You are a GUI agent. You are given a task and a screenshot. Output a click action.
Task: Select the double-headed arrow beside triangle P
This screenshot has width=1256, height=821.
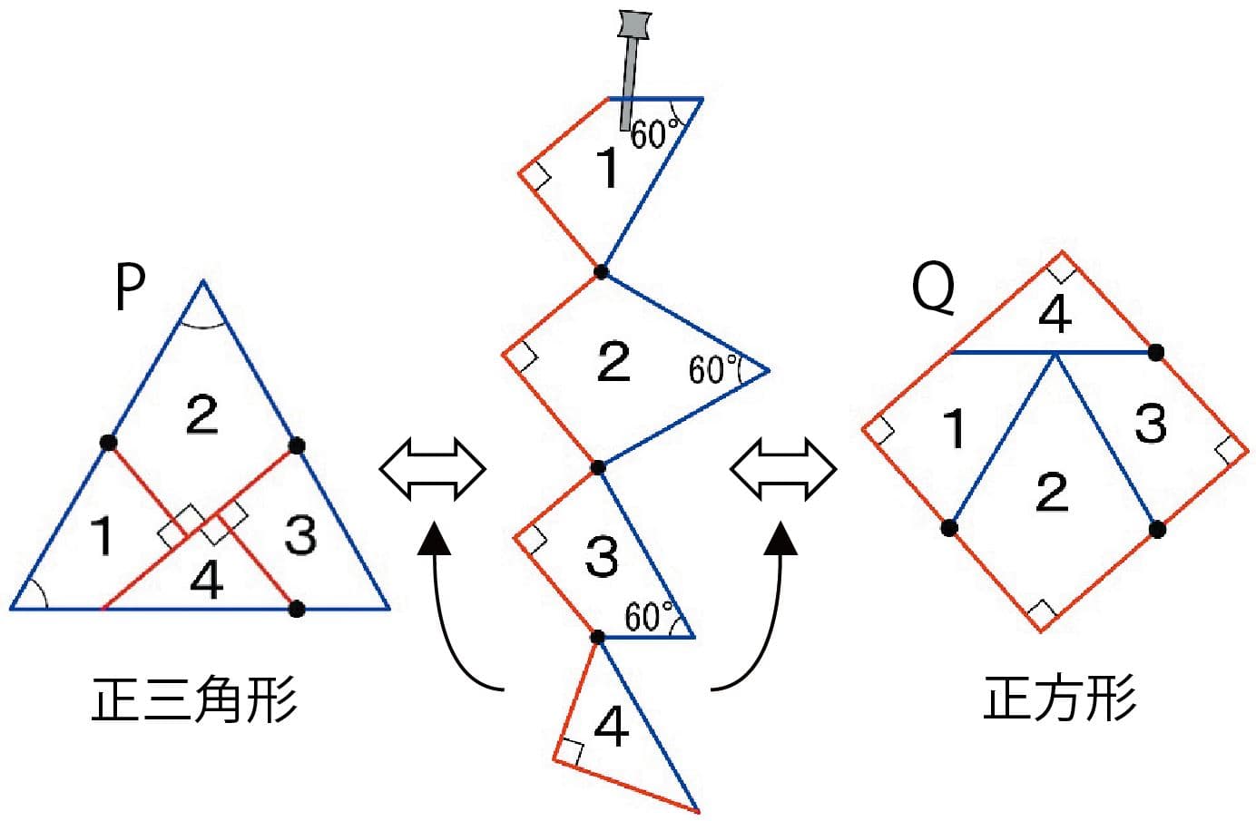point(432,470)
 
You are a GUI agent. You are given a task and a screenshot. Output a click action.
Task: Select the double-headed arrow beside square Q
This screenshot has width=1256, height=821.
point(783,470)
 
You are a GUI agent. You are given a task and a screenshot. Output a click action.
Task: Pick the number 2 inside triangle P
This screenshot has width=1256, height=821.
point(201,414)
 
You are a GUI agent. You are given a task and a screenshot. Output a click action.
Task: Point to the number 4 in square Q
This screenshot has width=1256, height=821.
point(1055,315)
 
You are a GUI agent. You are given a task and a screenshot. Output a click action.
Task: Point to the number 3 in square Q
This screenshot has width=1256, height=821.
point(1151,424)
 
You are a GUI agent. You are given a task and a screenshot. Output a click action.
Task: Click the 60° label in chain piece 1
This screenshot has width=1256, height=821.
point(654,134)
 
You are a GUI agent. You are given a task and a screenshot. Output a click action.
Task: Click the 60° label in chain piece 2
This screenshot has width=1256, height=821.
point(712,370)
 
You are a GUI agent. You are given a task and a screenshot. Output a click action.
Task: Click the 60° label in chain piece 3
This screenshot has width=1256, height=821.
point(649,617)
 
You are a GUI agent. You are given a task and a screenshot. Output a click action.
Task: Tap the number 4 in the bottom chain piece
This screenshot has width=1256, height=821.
point(612,728)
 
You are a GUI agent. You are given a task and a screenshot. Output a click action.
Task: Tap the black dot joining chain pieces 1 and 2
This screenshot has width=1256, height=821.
point(600,271)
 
